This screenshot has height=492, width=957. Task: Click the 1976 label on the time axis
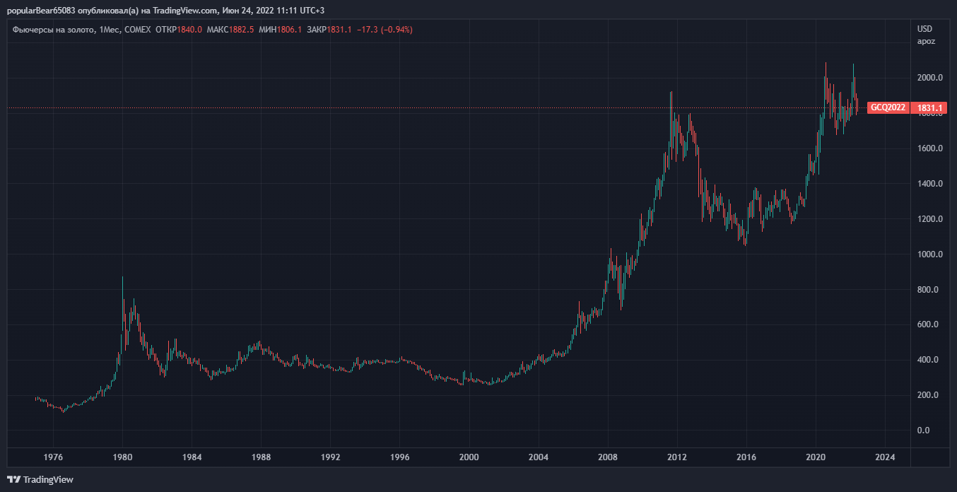(54, 457)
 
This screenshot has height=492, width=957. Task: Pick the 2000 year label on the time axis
(470, 457)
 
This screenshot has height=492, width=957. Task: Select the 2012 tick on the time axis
(678, 457)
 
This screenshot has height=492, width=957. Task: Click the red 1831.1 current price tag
(930, 108)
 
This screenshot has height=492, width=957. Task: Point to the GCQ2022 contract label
(888, 108)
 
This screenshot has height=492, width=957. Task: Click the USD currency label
(924, 29)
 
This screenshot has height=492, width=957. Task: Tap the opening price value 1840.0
(190, 30)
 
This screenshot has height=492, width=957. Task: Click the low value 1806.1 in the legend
(290, 30)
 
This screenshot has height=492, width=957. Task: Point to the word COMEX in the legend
(137, 30)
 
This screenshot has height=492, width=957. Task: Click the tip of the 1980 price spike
(122, 276)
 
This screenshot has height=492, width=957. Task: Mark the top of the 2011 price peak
(671, 91)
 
